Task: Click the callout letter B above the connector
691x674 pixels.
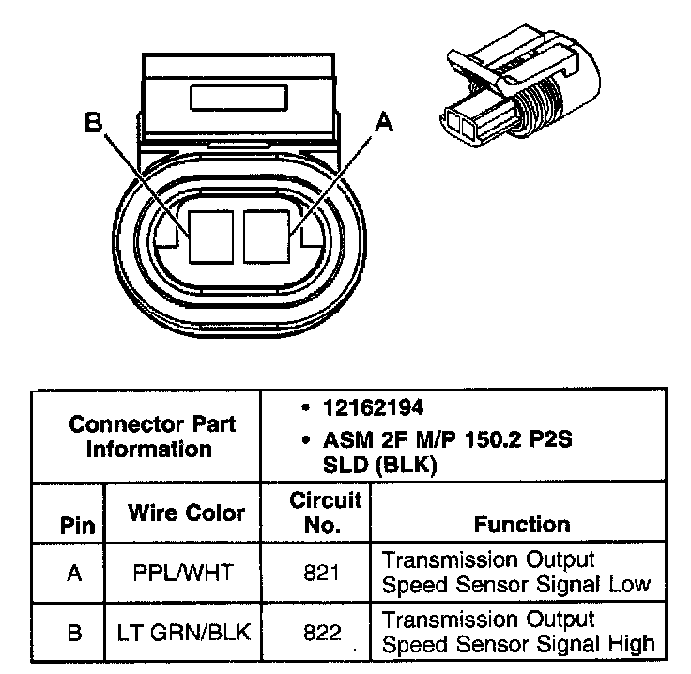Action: (x=92, y=123)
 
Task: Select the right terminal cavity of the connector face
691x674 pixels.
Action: (x=269, y=235)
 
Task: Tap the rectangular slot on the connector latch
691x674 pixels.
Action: (x=238, y=99)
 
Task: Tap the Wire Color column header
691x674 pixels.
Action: (x=186, y=513)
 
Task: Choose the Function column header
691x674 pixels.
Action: (x=521, y=524)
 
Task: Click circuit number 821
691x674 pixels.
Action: (x=322, y=572)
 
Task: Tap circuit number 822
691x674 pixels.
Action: (x=322, y=632)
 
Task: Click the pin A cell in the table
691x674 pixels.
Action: (x=75, y=572)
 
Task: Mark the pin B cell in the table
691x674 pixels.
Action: (x=75, y=632)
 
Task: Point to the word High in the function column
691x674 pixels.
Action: (x=623, y=644)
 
